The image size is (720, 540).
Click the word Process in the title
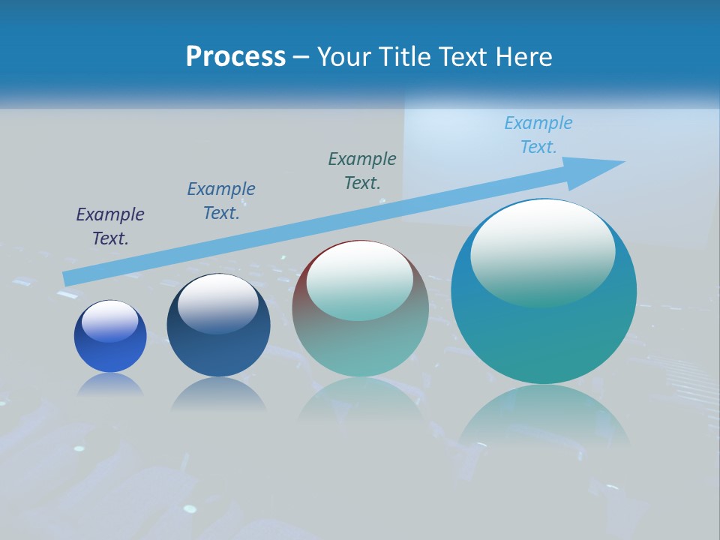[x=235, y=57]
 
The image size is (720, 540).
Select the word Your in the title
[x=343, y=57]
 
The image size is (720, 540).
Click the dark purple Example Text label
[x=110, y=226]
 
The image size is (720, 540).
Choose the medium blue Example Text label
[x=221, y=201]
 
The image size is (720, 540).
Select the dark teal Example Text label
[x=362, y=171]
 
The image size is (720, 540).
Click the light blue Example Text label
[x=538, y=135]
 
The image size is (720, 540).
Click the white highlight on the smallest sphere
[x=110, y=319]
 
